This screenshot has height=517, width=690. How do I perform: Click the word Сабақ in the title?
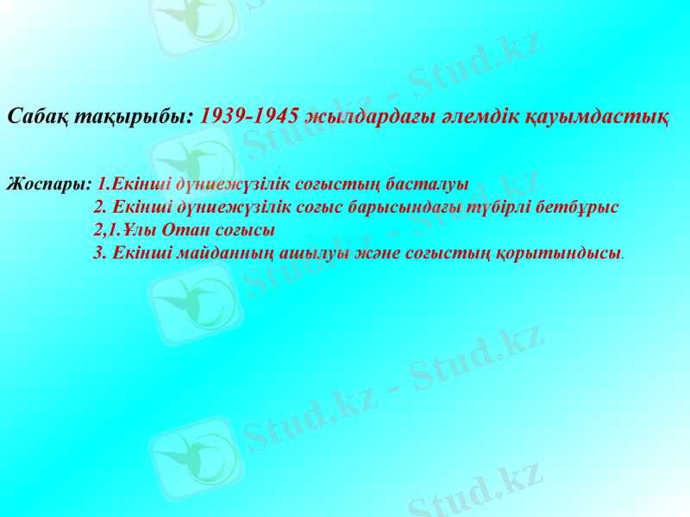pos(35,116)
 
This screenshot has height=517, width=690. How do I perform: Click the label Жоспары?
pos(48,184)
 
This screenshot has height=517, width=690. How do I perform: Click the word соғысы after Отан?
pos(245,231)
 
